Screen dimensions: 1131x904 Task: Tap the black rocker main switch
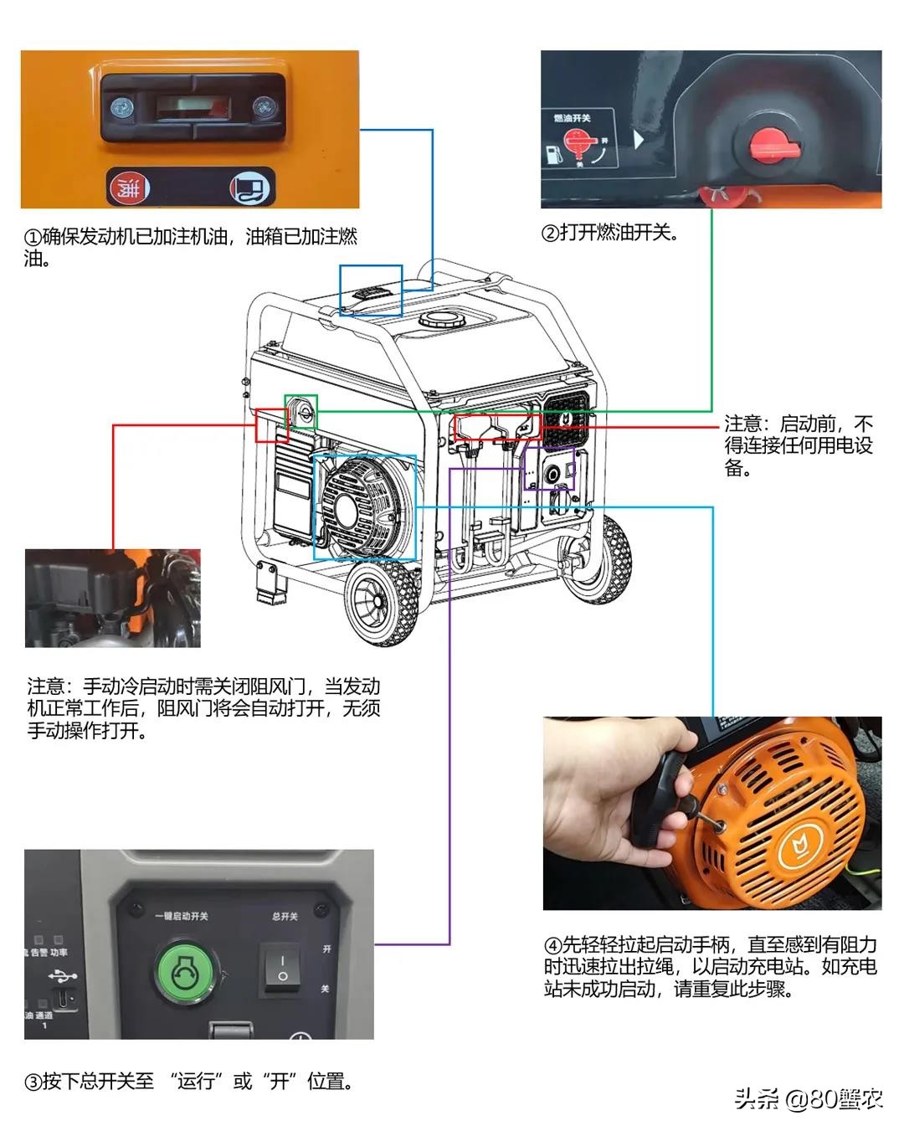(282, 968)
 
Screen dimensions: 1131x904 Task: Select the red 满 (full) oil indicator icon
(129, 188)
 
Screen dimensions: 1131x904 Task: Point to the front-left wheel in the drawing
(381, 601)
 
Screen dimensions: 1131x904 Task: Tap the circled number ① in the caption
(32, 238)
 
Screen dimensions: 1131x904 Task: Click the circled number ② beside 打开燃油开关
(550, 234)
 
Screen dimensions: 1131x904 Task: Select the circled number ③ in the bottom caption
(33, 1082)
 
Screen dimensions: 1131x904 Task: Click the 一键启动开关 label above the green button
(182, 916)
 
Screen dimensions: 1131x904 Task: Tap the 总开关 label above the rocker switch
(285, 916)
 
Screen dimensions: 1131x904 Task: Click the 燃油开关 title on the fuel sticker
(573, 118)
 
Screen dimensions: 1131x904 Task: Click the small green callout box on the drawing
(300, 411)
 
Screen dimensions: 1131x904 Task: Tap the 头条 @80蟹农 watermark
(808, 1098)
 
